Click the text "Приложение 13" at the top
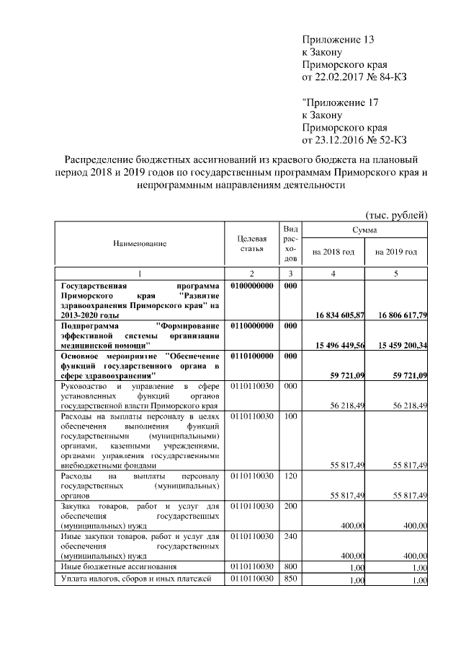pyautogui.click(x=339, y=40)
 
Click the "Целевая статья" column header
pyautogui.click(x=251, y=244)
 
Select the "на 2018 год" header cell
pyautogui.click(x=334, y=252)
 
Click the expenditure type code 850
pyautogui.click(x=290, y=579)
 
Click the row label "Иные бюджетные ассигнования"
pyautogui.click(x=115, y=567)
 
